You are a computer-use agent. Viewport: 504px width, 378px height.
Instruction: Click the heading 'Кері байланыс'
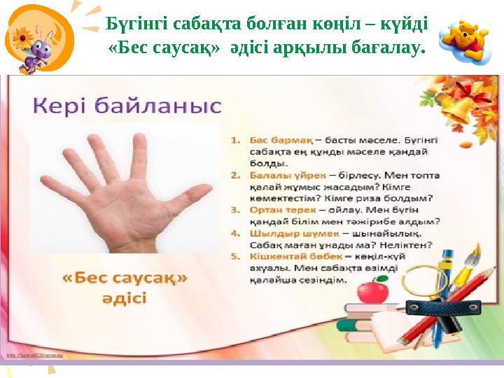click(127, 106)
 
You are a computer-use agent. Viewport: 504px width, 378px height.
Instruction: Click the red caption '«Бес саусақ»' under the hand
click(125, 278)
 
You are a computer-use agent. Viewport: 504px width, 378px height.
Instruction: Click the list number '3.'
click(236, 209)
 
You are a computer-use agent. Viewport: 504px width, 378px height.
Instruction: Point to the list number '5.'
click(236, 257)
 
